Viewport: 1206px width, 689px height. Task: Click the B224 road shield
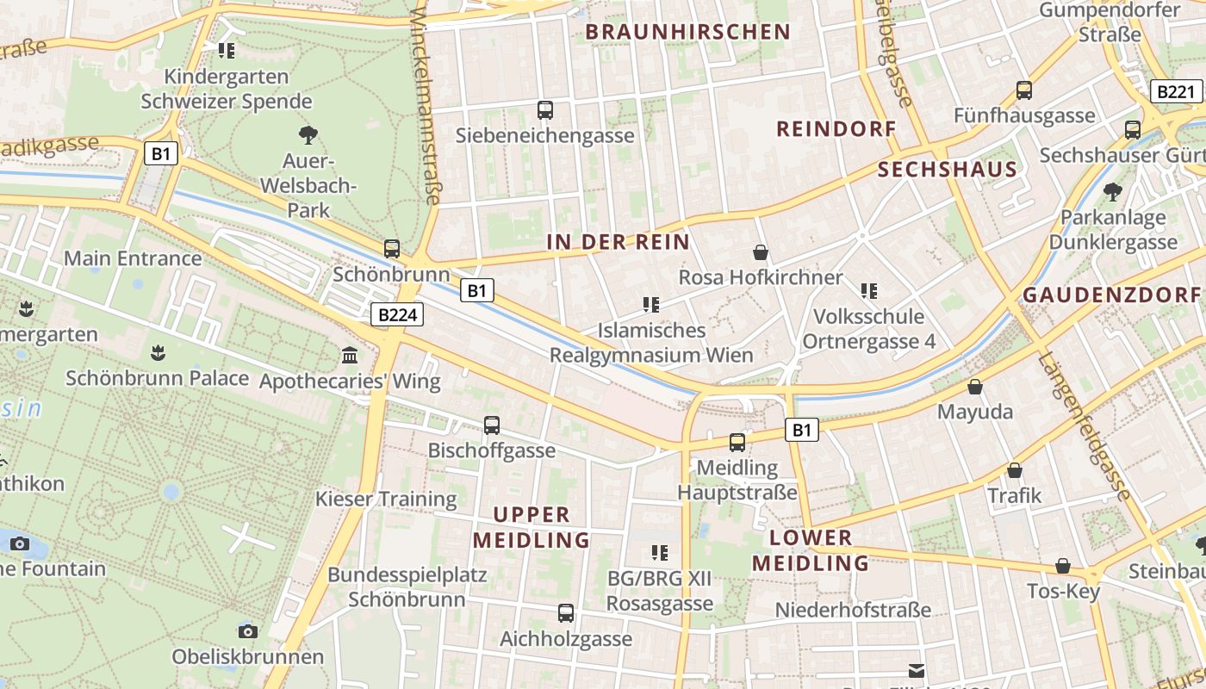pyautogui.click(x=398, y=315)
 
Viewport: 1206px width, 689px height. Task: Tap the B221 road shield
pyautogui.click(x=1176, y=92)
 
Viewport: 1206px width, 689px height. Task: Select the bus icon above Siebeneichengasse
pyautogui.click(x=545, y=110)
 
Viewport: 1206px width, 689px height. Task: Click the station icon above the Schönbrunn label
pyautogui.click(x=392, y=249)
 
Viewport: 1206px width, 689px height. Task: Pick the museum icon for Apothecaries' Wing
pyautogui.click(x=350, y=355)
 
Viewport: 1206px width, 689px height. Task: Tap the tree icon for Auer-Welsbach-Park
pyautogui.click(x=308, y=135)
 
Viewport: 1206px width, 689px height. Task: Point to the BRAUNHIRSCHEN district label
pyautogui.click(x=687, y=33)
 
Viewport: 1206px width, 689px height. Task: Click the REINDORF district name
pyautogui.click(x=836, y=129)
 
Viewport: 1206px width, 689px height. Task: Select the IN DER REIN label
pyautogui.click(x=619, y=243)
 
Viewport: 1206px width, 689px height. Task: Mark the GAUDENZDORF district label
pyautogui.click(x=1111, y=295)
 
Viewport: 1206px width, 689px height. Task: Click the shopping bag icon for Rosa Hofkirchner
pyautogui.click(x=761, y=252)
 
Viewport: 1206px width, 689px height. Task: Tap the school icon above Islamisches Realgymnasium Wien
pyautogui.click(x=651, y=305)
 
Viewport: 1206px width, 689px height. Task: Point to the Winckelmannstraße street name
pyautogui.click(x=426, y=103)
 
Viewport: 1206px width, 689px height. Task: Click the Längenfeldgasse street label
pyautogui.click(x=1084, y=426)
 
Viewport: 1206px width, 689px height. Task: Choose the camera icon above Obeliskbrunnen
pyautogui.click(x=248, y=631)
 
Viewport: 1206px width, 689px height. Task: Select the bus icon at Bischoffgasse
pyautogui.click(x=492, y=425)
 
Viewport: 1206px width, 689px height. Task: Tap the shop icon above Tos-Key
pyautogui.click(x=1063, y=566)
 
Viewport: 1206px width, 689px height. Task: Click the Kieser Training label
pyautogui.click(x=386, y=499)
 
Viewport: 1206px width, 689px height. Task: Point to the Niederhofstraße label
pyautogui.click(x=853, y=610)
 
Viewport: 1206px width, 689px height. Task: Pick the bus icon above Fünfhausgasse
pyautogui.click(x=1024, y=90)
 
